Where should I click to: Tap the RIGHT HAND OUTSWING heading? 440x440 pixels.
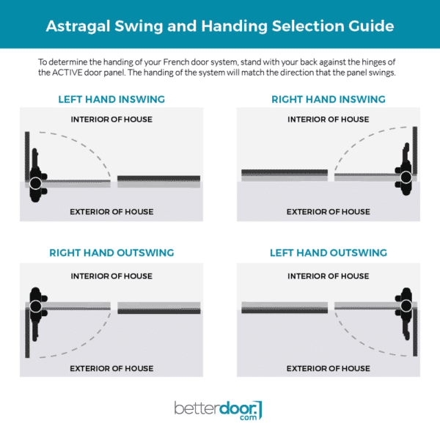(111, 253)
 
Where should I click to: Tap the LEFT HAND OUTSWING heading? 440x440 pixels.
(328, 253)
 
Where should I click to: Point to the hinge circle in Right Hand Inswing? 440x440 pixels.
(406, 177)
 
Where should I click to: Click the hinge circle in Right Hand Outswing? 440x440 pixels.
(35, 306)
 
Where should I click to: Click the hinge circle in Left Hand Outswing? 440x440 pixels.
(406, 306)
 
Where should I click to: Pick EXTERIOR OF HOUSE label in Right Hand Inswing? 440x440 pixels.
(328, 212)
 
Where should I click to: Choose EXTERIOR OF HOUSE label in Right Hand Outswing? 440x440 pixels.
(111, 368)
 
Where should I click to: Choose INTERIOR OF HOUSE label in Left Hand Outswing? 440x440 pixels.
(328, 276)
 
